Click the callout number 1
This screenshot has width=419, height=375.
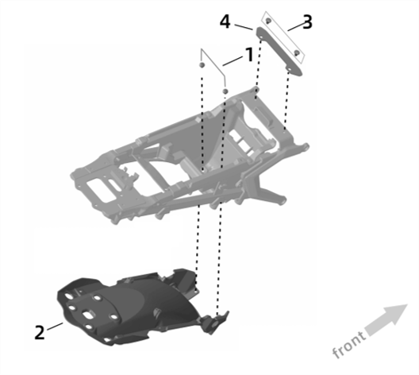point(249,55)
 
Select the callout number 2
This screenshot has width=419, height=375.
point(40,332)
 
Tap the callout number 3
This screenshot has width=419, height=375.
point(308,21)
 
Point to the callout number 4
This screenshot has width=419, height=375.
point(225,21)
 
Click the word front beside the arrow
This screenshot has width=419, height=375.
point(349,344)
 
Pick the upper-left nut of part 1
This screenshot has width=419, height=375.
point(202,65)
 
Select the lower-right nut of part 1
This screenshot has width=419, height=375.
point(225,91)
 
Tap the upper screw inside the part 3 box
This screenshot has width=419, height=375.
point(268,21)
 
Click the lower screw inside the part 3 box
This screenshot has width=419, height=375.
point(297,52)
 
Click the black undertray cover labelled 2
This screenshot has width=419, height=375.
point(133,305)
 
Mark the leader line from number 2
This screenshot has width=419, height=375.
point(55,327)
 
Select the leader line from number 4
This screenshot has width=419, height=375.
point(244,27)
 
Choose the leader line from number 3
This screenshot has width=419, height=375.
point(296,27)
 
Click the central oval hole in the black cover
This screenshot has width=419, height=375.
point(88,315)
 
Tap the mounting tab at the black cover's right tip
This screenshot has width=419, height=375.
point(217,323)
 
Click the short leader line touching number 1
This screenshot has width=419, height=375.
point(233,60)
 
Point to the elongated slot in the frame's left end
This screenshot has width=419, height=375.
point(114,185)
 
